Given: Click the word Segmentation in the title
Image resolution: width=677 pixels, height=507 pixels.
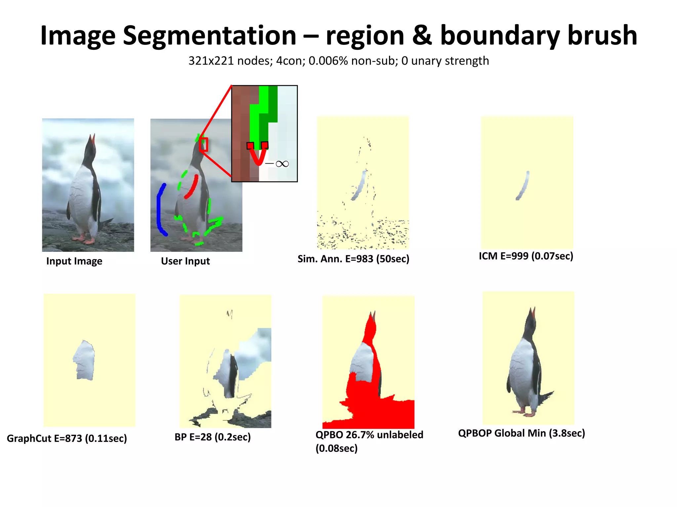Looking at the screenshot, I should [209, 36].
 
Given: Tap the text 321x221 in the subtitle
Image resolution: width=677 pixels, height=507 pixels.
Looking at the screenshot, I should [211, 61].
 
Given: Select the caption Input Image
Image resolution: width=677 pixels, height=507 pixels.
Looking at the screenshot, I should [74, 261].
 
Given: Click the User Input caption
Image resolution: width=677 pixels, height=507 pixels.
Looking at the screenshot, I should [185, 261].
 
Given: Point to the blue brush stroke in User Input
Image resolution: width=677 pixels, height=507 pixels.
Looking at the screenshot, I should [160, 210].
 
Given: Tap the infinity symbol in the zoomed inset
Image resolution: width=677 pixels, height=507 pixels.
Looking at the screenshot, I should [282, 164].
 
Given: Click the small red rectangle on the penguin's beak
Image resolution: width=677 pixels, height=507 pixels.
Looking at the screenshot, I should [204, 145].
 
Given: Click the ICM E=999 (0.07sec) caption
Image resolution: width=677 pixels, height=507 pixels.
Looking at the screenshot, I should [526, 256].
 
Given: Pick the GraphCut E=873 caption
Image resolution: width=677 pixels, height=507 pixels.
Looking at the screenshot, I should [67, 438].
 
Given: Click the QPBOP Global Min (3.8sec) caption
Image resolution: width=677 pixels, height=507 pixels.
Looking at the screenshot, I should [521, 433].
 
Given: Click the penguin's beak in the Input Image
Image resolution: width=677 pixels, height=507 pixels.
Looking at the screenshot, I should [93, 138].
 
